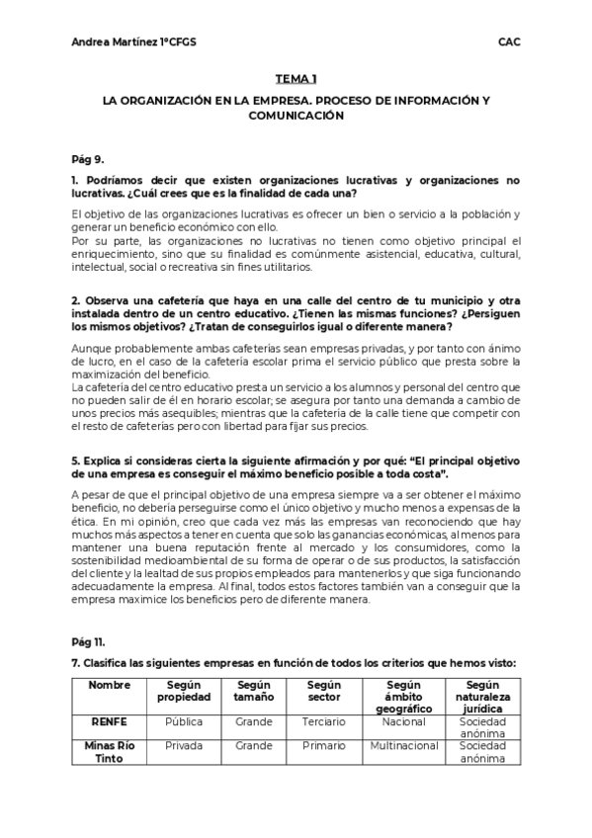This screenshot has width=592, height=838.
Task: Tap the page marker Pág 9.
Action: point(88,158)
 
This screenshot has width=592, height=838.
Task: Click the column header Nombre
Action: point(109,684)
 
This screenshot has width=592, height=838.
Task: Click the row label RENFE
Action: point(109,722)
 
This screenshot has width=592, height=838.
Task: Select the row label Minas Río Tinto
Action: point(109,752)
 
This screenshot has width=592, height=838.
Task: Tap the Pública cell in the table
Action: point(184,722)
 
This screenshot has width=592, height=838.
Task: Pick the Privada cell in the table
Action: point(184,746)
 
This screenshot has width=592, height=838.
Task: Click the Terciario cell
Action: point(324,722)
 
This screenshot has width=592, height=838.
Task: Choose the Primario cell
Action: point(324,746)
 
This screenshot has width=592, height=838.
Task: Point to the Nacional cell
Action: point(403,722)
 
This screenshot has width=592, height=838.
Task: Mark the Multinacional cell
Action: point(403,746)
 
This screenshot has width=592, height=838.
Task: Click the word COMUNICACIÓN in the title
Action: point(296,115)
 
